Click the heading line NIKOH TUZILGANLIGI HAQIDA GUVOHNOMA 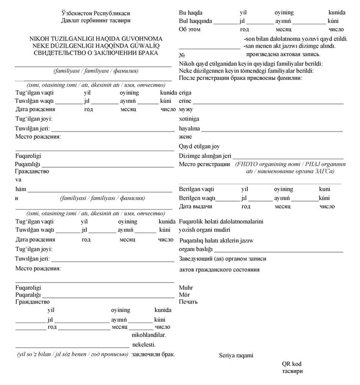pyautogui.click(x=89, y=38)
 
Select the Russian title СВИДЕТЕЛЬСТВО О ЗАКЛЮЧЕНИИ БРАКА pyautogui.click(x=89, y=52)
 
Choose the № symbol pyautogui.click(x=182, y=55)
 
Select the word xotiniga pyautogui.click(x=189, y=119)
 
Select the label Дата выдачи pyautogui.click(x=195, y=207)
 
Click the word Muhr pyautogui.click(x=185, y=288)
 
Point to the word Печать pyautogui.click(x=188, y=302)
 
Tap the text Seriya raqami pyautogui.click(x=236, y=355)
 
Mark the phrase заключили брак pyautogui.click(x=153, y=355)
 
